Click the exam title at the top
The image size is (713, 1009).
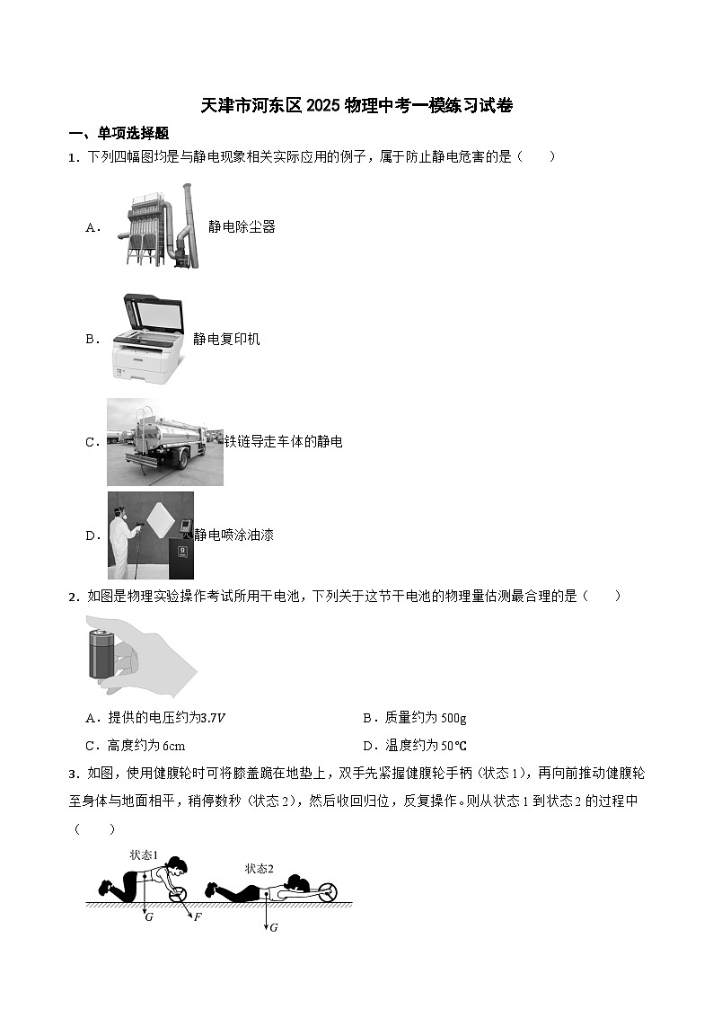click(356, 106)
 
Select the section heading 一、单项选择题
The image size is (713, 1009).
click(119, 133)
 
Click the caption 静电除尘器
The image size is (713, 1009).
click(242, 227)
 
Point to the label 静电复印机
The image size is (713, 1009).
click(226, 339)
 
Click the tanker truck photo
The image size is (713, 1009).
click(164, 441)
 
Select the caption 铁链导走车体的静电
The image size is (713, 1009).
click(283, 442)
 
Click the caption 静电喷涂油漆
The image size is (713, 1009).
click(234, 535)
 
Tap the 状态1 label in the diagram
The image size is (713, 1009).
click(144, 854)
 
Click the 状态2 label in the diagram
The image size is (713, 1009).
click(260, 868)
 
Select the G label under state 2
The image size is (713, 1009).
click(273, 927)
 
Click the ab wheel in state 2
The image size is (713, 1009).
click(328, 892)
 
